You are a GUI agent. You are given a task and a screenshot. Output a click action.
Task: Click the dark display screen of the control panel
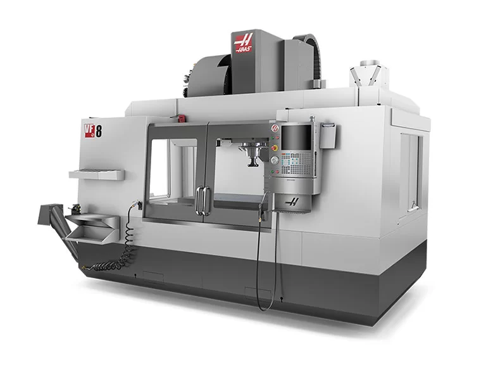tap(296, 138)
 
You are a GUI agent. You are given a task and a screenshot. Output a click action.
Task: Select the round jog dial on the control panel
tap(274, 160)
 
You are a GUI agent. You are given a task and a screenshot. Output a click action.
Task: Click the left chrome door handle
tap(199, 200)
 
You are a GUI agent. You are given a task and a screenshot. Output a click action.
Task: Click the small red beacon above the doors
tap(181, 118)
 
